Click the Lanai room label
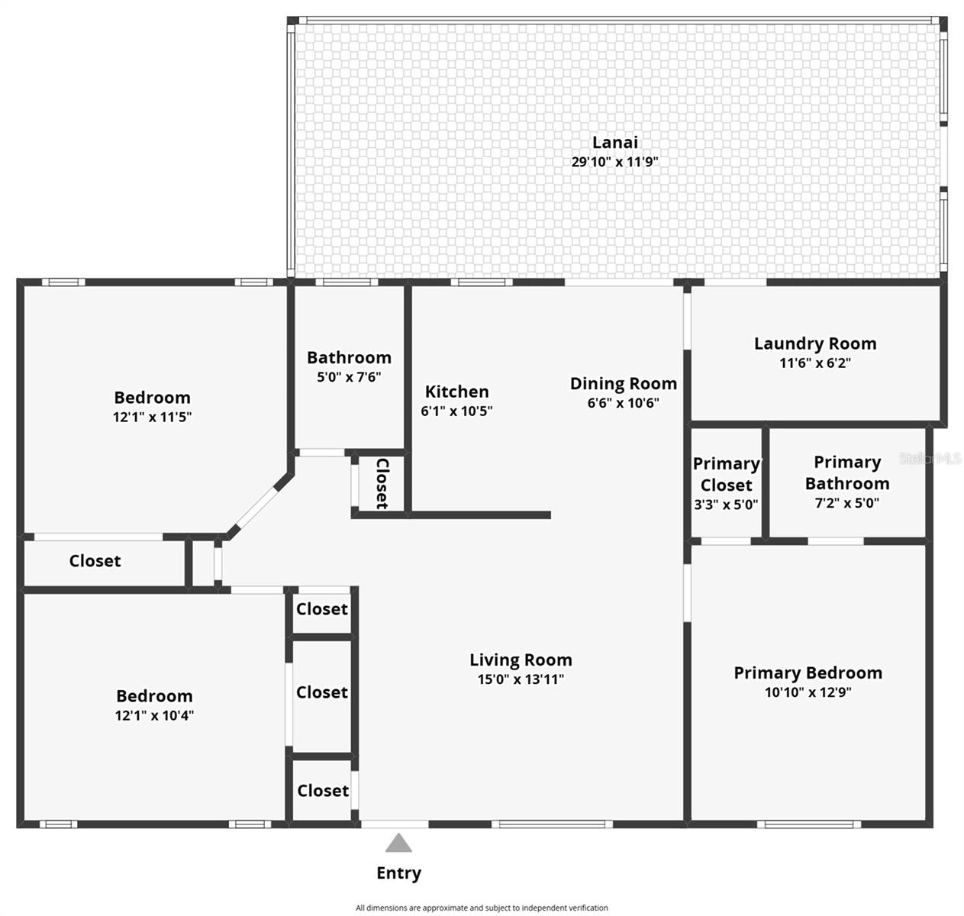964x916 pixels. pyautogui.click(x=614, y=142)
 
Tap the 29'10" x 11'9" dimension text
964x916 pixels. pyautogui.click(x=614, y=162)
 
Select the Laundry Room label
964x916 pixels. pyautogui.click(x=815, y=343)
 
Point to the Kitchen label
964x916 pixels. pyautogui.click(x=456, y=392)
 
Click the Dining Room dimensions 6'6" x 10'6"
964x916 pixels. pyautogui.click(x=624, y=403)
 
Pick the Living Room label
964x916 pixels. pyautogui.click(x=521, y=660)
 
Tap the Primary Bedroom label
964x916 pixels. pyautogui.click(x=808, y=672)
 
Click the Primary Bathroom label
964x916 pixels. pyautogui.click(x=846, y=473)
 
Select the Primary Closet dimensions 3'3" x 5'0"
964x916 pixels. pyautogui.click(x=726, y=505)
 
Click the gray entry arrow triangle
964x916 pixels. pyautogui.click(x=398, y=843)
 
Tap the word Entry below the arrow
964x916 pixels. pyautogui.click(x=398, y=873)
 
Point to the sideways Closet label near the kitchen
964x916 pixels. pyautogui.click(x=382, y=483)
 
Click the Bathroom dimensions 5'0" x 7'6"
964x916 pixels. pyautogui.click(x=349, y=377)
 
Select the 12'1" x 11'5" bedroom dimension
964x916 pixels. pyautogui.click(x=152, y=417)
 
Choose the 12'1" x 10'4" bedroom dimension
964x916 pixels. pyautogui.click(x=154, y=715)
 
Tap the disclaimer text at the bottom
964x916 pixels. pyautogui.click(x=482, y=908)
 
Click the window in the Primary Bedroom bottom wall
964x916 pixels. pyautogui.click(x=808, y=824)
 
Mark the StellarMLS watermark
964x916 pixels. pyautogui.click(x=930, y=459)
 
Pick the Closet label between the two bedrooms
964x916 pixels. pyautogui.click(x=95, y=560)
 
